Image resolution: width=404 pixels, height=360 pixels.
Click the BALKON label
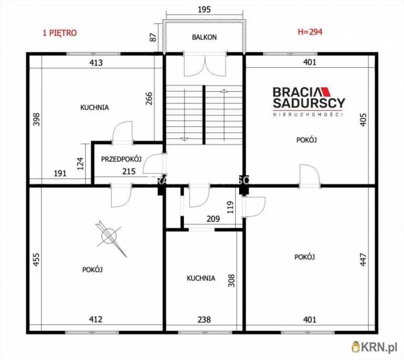204,37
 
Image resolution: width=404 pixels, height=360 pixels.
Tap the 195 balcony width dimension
204,9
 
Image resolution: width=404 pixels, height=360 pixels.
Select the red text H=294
310,32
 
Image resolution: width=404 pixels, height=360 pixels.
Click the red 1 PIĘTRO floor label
60,33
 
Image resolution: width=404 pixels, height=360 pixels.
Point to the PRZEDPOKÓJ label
121,159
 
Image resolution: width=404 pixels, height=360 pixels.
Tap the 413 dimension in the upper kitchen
96,63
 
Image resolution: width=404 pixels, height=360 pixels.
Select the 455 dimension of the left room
37,259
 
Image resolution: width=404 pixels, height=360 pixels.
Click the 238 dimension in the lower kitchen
204,320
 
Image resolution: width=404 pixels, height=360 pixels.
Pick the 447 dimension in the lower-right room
363,259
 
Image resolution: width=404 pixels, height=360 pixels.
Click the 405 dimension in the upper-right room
363,120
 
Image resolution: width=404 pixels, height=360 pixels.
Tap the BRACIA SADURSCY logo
308,102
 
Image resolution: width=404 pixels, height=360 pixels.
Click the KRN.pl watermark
375,347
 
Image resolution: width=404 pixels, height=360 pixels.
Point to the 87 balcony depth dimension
153,37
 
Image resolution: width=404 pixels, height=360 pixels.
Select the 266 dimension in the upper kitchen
149,98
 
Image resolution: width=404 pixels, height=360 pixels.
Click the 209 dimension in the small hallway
213,219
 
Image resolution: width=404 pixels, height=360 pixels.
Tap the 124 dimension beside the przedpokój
80,164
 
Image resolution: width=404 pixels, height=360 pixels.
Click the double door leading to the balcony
205,65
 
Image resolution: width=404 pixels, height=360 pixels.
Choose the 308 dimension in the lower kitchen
231,281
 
